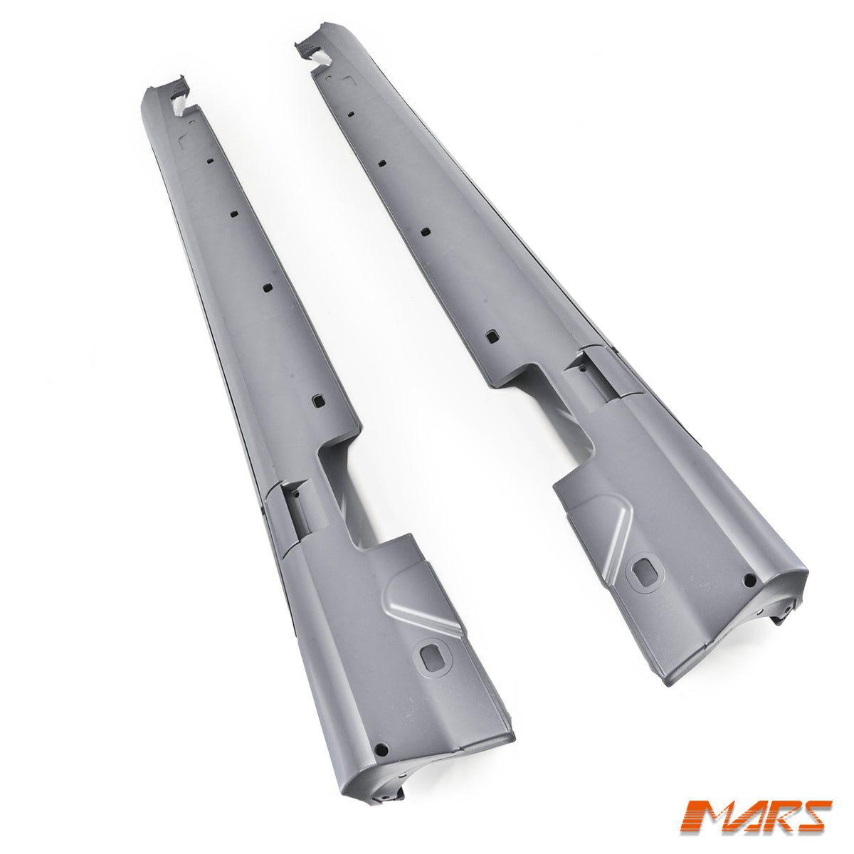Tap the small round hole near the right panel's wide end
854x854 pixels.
point(749,579)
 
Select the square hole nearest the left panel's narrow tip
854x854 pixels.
point(211,160)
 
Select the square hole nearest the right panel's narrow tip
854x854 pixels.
point(351,102)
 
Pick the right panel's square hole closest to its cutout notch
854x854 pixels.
point(491,335)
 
